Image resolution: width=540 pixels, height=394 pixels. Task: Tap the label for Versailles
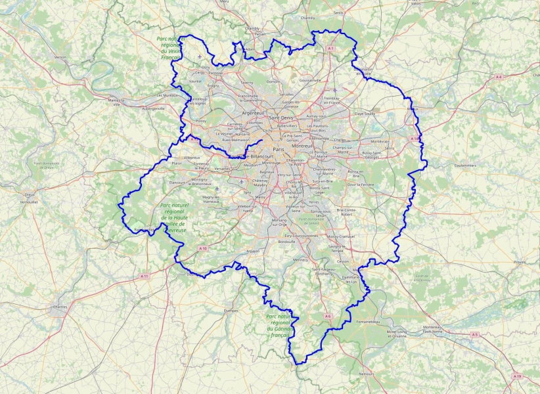(x=223, y=169)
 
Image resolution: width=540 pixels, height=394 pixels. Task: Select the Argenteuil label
(x=253, y=113)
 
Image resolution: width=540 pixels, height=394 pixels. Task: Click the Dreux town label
(x=29, y=195)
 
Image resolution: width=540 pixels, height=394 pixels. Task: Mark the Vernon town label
(x=60, y=58)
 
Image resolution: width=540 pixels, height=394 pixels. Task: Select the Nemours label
(x=366, y=374)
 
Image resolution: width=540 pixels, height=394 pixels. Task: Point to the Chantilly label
(x=308, y=18)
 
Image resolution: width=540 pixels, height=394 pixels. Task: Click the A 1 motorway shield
(x=330, y=49)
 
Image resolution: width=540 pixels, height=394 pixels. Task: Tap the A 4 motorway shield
(x=499, y=77)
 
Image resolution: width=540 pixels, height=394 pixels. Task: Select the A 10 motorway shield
(x=203, y=248)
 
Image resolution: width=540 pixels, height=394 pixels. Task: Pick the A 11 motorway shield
(x=145, y=276)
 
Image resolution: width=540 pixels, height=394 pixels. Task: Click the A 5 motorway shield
(x=474, y=334)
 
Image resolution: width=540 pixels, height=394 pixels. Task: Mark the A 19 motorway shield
(x=518, y=376)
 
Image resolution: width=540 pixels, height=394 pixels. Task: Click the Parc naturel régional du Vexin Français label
(x=171, y=49)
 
